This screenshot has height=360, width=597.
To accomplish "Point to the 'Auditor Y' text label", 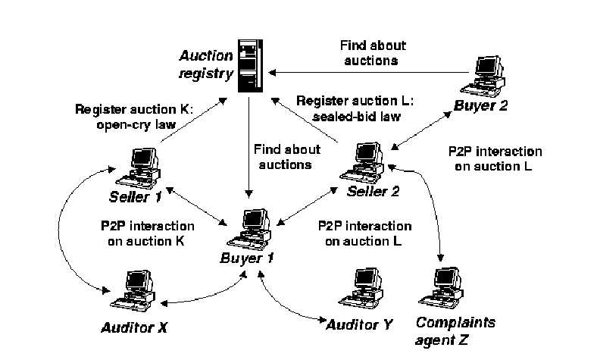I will (359, 324).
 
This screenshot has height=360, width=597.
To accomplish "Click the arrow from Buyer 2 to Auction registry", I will (364, 72).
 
